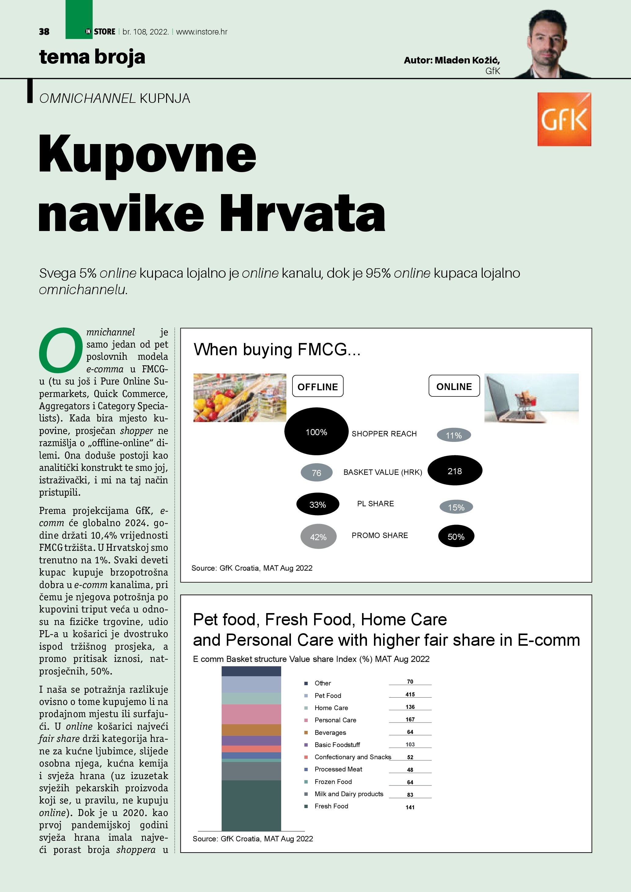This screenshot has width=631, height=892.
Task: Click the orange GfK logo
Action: [x=564, y=119]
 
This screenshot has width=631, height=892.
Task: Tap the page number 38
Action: [x=44, y=32]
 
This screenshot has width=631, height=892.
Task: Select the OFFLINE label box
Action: [x=317, y=386]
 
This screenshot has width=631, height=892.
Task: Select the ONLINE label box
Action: [x=454, y=386]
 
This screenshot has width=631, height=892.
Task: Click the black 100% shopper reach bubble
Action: [x=316, y=431]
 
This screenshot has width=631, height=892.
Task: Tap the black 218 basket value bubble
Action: [x=455, y=471]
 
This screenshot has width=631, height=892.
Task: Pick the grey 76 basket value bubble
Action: [x=317, y=472]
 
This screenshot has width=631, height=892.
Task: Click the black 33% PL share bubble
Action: [x=317, y=504]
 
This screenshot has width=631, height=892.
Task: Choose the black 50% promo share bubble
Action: [x=456, y=536]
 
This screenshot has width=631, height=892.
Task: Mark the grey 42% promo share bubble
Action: [x=318, y=536]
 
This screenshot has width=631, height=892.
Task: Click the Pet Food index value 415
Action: [x=410, y=694]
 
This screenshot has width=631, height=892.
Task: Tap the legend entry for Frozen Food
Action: [x=333, y=781]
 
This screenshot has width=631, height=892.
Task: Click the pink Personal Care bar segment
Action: [x=251, y=714]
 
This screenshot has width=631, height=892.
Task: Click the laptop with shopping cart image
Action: [x=531, y=398]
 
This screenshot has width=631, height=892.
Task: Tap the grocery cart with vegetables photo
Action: [x=240, y=398]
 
